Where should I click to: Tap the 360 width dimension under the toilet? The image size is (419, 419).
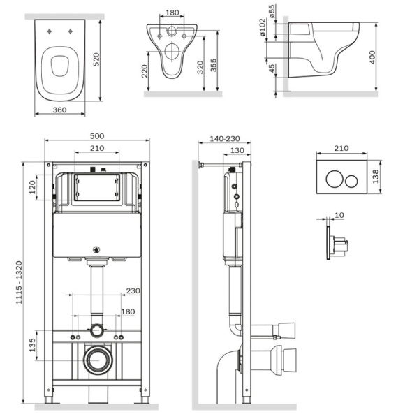pyautogui.click(x=60, y=110)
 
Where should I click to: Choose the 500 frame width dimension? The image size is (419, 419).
pyautogui.click(x=97, y=138)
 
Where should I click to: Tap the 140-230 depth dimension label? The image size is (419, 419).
pyautogui.click(x=222, y=138)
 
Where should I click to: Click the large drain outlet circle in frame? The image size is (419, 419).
pyautogui.click(x=96, y=360)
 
